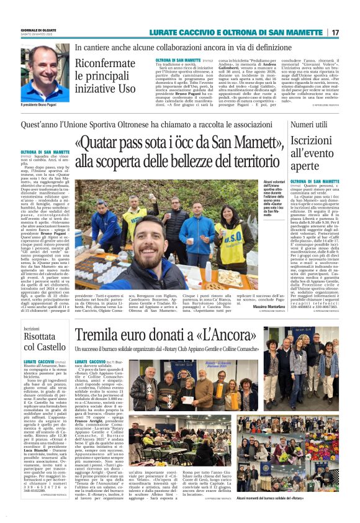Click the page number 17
pos(335,32)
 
